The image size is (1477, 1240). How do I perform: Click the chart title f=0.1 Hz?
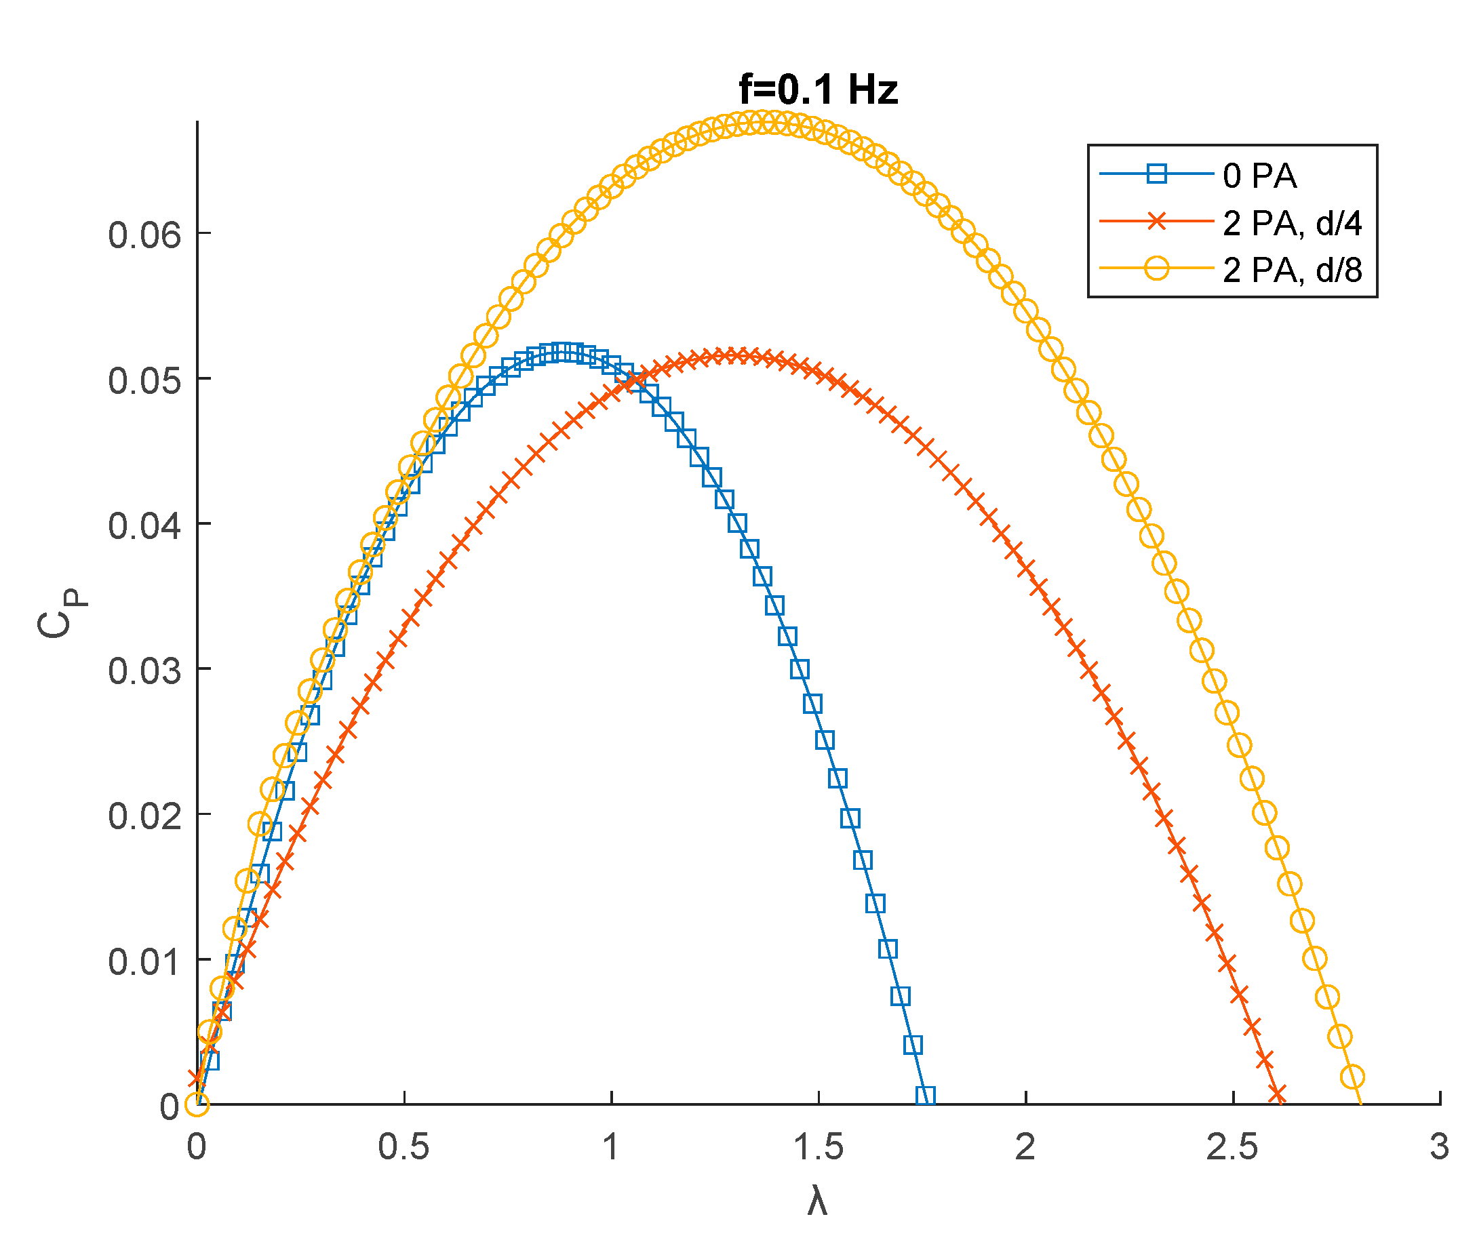(818, 91)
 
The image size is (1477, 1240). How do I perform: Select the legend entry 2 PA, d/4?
(1292, 224)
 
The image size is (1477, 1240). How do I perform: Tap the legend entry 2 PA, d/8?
(1292, 270)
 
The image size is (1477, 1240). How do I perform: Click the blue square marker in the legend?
(1156, 174)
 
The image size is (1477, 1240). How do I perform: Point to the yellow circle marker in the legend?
(1156, 268)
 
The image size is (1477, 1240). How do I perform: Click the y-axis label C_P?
(62, 613)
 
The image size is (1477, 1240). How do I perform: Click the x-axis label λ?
(816, 1201)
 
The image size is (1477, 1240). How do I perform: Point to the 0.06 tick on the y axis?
(144, 235)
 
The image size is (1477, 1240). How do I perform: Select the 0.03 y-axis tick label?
(144, 671)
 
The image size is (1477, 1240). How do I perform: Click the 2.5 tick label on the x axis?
(1232, 1148)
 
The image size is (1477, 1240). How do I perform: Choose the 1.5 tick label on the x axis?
(817, 1148)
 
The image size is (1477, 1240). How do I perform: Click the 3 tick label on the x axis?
(1439, 1148)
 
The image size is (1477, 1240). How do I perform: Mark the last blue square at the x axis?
(926, 1096)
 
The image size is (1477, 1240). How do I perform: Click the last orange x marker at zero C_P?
(1277, 1094)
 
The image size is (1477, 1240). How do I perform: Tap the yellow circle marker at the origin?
(197, 1105)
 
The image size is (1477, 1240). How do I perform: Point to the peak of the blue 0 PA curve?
(563, 353)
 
